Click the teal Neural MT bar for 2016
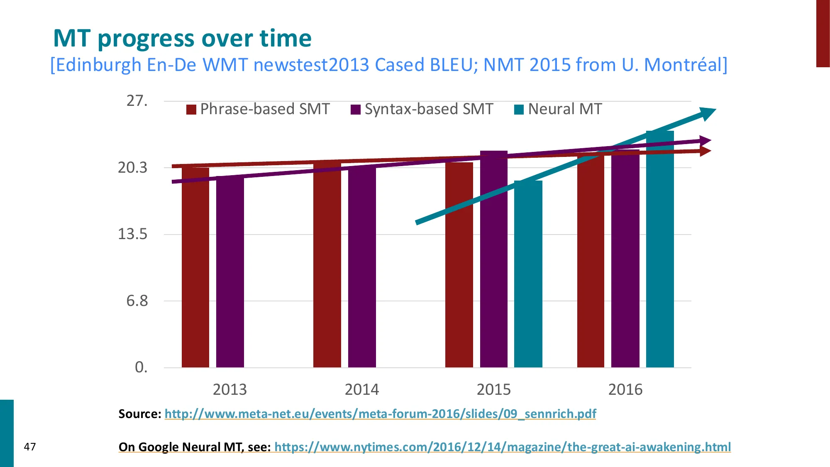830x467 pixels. (x=660, y=249)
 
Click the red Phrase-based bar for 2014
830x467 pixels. (x=327, y=266)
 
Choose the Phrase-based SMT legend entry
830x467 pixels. (x=258, y=109)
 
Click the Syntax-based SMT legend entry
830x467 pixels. (x=422, y=109)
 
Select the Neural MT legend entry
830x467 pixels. (x=558, y=109)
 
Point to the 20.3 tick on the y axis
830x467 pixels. (x=133, y=168)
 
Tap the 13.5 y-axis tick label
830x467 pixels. (x=133, y=234)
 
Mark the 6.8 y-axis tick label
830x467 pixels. (x=137, y=301)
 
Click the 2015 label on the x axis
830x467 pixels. (x=493, y=389)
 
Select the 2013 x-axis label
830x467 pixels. (x=229, y=389)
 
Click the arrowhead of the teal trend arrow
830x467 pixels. (x=707, y=113)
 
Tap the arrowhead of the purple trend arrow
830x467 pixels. (x=705, y=141)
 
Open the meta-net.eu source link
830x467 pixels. (x=380, y=414)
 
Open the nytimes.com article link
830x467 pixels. (x=503, y=447)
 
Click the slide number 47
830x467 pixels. (x=30, y=447)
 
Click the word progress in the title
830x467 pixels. (x=146, y=39)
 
